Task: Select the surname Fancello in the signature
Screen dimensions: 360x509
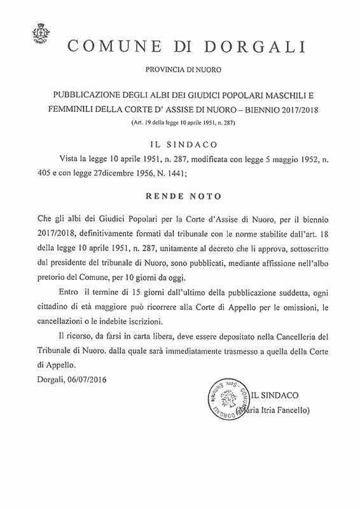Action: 289,411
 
